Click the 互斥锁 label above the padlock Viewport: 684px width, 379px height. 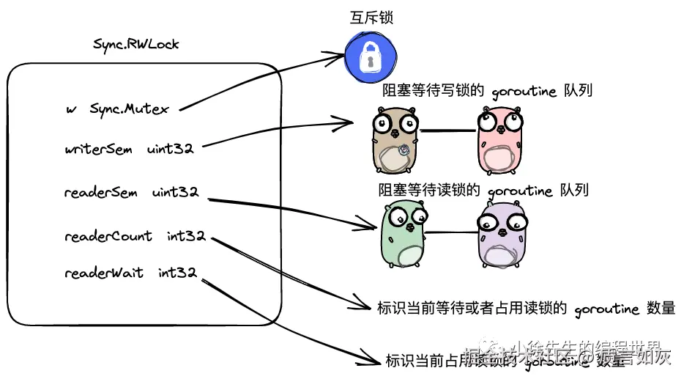coord(370,17)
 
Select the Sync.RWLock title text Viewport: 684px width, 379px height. coord(136,44)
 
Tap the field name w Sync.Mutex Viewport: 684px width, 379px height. coord(117,109)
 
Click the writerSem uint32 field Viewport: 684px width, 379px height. coord(129,149)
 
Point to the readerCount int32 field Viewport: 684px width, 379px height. coord(135,236)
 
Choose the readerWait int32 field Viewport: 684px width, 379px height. coord(130,273)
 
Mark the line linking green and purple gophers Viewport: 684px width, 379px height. coord(452,233)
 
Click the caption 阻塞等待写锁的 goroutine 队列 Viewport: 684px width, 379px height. coord(487,91)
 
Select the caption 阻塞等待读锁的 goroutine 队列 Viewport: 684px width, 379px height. coord(483,190)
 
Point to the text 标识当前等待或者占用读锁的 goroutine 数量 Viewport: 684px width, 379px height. coord(525,309)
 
